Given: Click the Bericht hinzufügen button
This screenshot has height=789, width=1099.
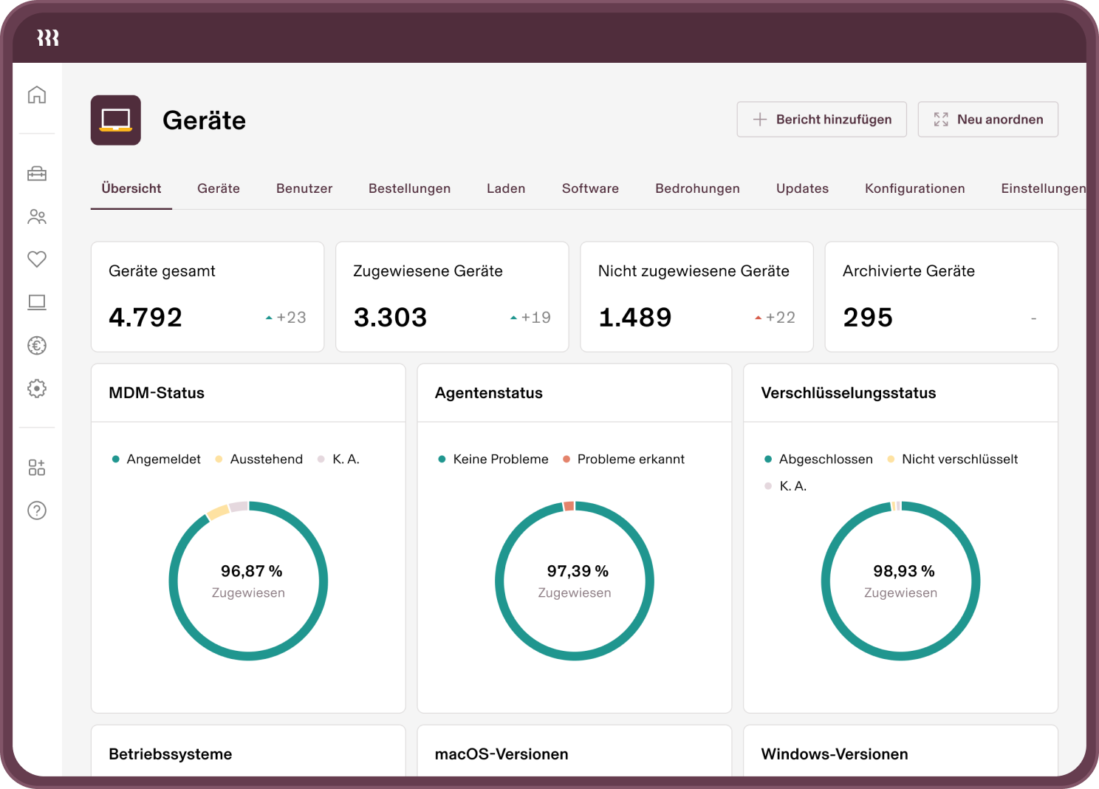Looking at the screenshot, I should (x=821, y=120).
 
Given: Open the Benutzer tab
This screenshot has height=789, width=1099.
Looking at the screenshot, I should (x=304, y=188).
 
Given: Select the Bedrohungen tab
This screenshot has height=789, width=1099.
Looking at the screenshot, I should (x=697, y=188).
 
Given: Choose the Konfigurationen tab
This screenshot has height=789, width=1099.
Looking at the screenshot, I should (x=914, y=188).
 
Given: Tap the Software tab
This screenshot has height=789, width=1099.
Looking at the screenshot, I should (x=590, y=188).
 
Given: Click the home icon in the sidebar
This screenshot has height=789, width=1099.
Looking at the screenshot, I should (x=37, y=95).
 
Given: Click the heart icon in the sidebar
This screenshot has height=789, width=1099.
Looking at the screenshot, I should (x=37, y=259).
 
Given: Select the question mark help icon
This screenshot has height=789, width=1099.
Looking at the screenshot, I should (x=37, y=510).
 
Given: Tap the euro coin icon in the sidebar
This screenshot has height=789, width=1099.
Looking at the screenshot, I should (x=37, y=345).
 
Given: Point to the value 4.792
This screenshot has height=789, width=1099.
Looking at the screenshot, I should (x=145, y=318).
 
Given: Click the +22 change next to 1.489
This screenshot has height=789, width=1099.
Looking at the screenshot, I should (x=776, y=318).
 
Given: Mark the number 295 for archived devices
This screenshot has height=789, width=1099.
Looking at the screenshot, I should (x=868, y=318).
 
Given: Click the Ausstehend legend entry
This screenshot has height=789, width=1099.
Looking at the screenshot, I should (x=266, y=460).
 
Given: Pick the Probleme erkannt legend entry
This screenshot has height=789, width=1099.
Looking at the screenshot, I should (x=630, y=460).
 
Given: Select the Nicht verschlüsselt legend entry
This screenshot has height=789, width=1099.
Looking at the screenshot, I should (x=959, y=460).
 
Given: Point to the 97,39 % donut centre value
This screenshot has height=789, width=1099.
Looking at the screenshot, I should (x=578, y=571).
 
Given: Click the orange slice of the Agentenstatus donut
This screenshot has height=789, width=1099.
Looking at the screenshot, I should (x=569, y=506).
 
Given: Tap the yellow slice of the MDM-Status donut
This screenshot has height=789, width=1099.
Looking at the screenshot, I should (x=218, y=512).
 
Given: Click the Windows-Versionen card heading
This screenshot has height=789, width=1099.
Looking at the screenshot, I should (x=835, y=754).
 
